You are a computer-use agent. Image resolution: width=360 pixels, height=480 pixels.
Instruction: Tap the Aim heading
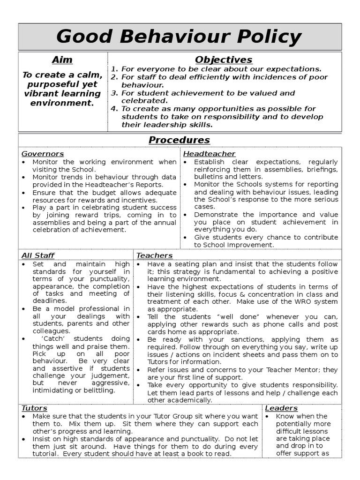[62, 60]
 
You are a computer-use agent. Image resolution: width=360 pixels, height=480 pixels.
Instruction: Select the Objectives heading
[224, 60]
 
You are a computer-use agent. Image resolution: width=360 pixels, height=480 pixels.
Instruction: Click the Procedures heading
[180, 140]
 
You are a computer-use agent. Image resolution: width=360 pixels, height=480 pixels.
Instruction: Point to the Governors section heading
[43, 154]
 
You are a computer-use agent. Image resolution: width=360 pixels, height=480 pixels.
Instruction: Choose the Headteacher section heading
[209, 154]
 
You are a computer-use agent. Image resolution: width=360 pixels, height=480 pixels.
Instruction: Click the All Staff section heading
[38, 255]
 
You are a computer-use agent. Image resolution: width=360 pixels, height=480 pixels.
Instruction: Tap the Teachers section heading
[154, 255]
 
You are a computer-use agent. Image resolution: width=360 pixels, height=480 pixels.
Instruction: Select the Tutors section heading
[34, 408]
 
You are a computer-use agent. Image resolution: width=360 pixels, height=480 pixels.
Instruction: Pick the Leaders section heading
[281, 408]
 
